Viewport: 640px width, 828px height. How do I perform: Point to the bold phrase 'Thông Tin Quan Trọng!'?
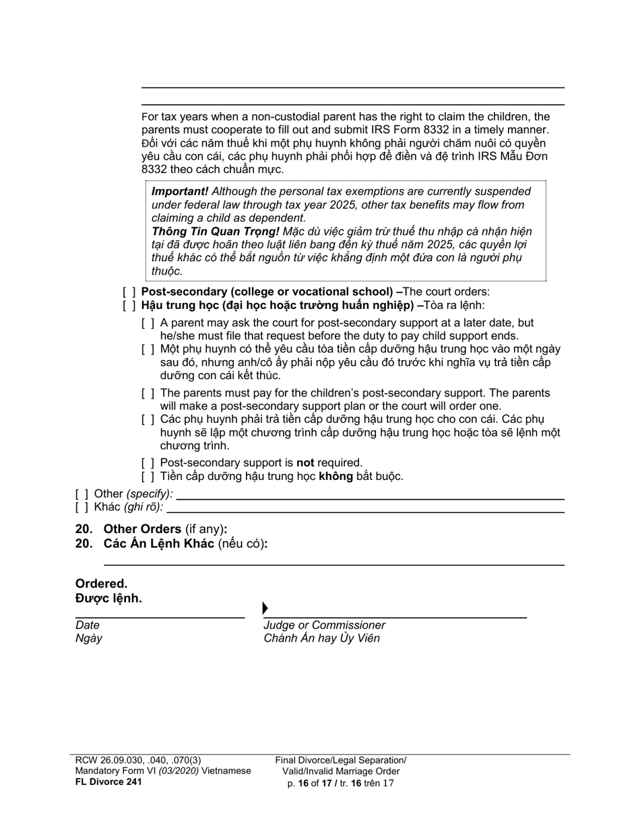click(x=215, y=232)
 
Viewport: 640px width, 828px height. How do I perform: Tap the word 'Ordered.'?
click(x=101, y=584)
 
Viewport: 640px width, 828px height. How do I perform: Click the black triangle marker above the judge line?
click(x=265, y=609)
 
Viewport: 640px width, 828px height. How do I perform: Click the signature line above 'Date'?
click(x=160, y=617)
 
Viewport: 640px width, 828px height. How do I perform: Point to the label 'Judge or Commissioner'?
click(x=324, y=625)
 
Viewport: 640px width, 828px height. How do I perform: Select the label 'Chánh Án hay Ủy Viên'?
click(x=321, y=638)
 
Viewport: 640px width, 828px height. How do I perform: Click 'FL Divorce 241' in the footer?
click(x=108, y=782)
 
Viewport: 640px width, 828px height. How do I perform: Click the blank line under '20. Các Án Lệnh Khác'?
click(x=333, y=564)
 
